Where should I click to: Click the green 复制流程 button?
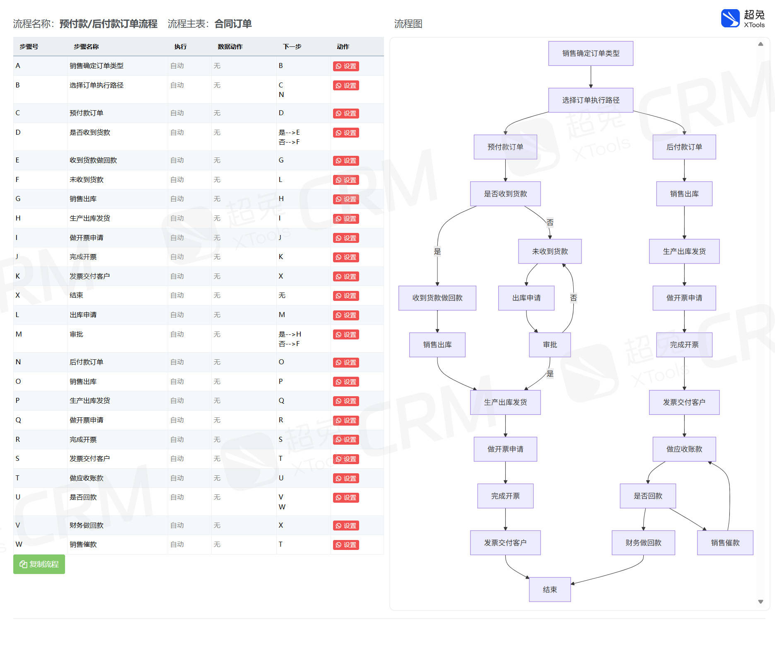coord(39,564)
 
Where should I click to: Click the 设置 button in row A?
coord(346,66)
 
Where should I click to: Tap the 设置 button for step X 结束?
coord(346,296)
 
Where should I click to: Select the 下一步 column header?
coord(292,47)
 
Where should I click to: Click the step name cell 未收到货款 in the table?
coord(87,179)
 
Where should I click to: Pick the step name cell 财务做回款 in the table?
coord(87,525)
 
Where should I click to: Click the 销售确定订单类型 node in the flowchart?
coord(591,53)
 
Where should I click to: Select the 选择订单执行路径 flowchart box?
coord(591,100)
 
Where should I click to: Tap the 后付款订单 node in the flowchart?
coord(684,147)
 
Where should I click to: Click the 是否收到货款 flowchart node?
coord(505,194)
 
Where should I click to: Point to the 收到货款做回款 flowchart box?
coord(437,298)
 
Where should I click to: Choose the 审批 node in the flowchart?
coord(550,345)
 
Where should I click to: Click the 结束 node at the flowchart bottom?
coord(550,589)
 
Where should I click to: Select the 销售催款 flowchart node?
coord(725,543)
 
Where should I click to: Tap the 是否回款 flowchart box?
coord(648,496)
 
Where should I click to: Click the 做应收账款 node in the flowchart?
coord(684,449)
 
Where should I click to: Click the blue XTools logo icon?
coord(730,18)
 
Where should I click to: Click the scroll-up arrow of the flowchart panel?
coord(761,44)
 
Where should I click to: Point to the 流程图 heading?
coord(408,24)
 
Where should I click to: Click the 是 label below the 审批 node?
coord(550,374)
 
